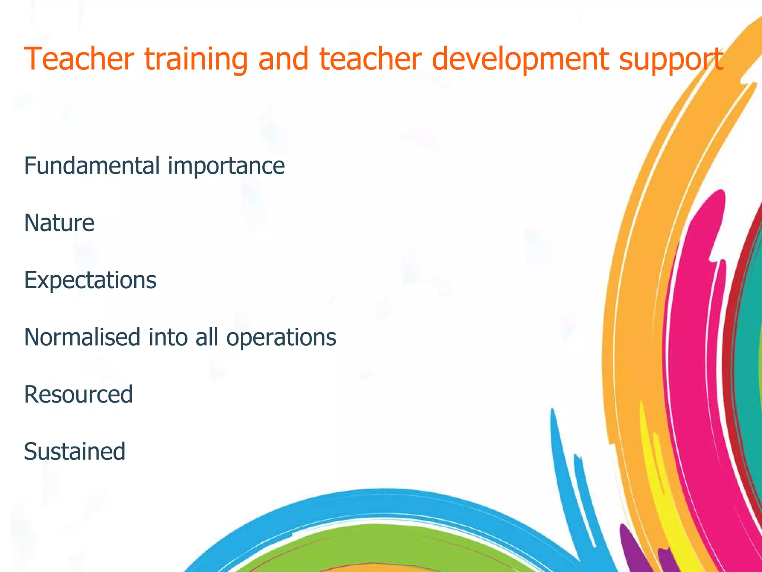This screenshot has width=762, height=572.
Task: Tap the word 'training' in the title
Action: point(196,60)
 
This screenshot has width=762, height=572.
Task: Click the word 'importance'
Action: point(226,166)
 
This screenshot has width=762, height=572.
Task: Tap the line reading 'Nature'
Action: point(59,223)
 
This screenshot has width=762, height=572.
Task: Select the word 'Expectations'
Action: point(90,280)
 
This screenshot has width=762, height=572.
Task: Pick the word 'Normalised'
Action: point(82,337)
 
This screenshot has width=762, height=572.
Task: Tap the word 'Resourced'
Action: point(78,394)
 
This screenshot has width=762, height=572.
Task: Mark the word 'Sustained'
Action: point(74,451)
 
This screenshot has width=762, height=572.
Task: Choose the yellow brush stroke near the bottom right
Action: point(666,514)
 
